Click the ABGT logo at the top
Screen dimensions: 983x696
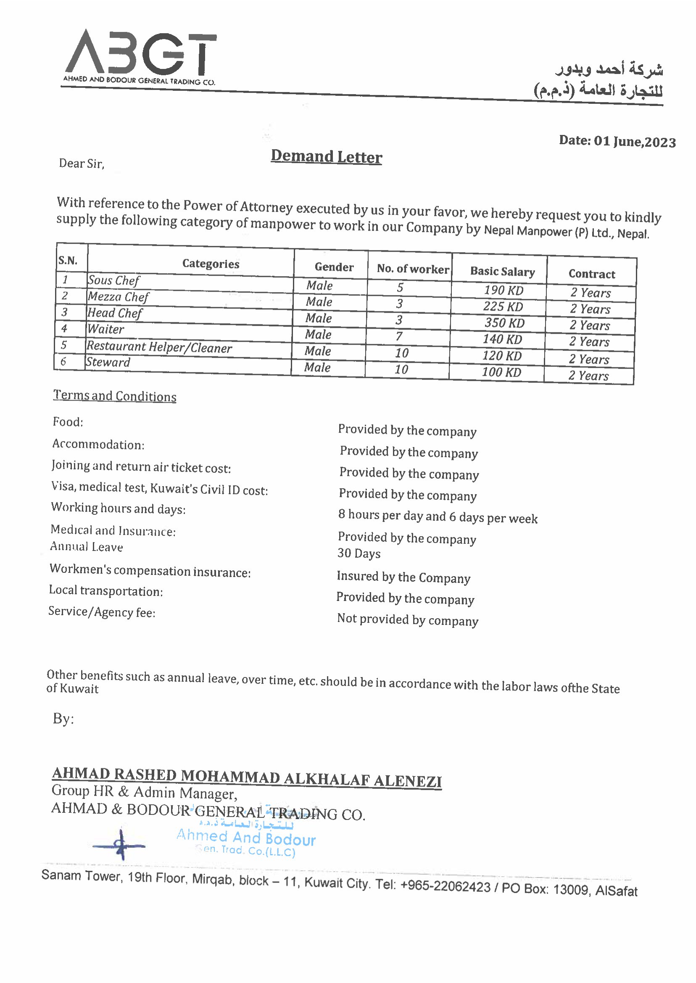[x=140, y=53]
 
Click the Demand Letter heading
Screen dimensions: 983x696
[x=326, y=156]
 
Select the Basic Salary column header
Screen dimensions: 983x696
[x=502, y=271]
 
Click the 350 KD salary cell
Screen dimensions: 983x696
[x=504, y=323]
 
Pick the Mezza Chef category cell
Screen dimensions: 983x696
[x=118, y=297]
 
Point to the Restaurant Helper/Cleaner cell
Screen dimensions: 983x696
[x=159, y=347]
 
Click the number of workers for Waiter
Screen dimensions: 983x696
[x=399, y=336]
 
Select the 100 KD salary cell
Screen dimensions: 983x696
[x=501, y=372]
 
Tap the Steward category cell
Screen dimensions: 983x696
[x=108, y=363]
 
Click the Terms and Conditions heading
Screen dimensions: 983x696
[x=114, y=396]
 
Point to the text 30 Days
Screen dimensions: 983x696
[x=359, y=553]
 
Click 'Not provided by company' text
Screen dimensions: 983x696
[x=408, y=619]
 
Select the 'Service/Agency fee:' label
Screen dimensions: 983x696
[x=102, y=612]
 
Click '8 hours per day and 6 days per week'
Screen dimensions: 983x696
[x=438, y=517]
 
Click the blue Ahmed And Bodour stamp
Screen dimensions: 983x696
[x=246, y=839]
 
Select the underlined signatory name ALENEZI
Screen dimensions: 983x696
[x=407, y=781]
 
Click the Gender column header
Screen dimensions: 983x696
[x=334, y=267]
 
